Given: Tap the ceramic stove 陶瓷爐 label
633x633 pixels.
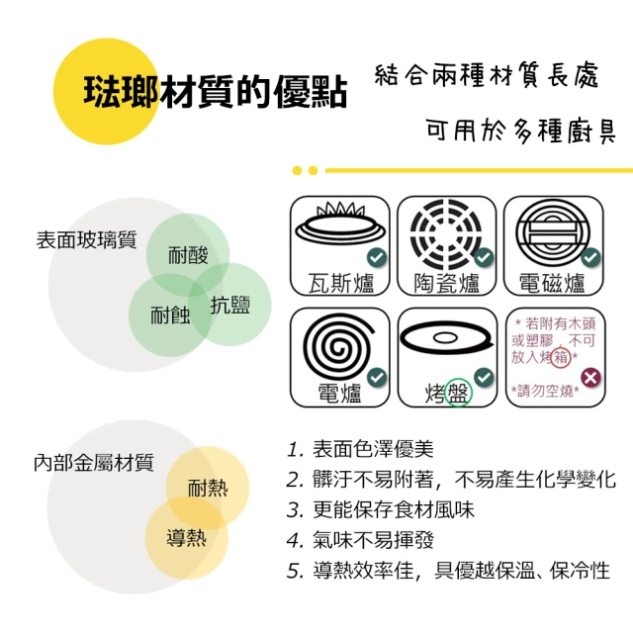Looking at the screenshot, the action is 446,283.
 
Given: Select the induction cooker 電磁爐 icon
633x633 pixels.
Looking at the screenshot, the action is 553,233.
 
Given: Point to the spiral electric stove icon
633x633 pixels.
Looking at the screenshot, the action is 338,345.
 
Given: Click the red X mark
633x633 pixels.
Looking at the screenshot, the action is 590,378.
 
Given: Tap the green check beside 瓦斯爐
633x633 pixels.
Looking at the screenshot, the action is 377,257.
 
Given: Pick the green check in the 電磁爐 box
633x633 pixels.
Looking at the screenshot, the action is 590,257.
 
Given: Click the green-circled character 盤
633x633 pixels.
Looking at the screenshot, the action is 458,393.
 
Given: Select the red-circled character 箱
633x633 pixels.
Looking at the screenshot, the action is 561,357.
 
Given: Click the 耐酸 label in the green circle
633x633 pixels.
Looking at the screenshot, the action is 188,255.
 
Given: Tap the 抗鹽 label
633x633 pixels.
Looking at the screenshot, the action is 230,305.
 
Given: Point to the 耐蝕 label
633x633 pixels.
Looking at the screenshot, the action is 170,315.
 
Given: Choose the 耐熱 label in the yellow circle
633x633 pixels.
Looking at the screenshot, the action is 208,488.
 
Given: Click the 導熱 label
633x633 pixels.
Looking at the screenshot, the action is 187,538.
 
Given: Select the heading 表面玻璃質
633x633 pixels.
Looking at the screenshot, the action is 86,239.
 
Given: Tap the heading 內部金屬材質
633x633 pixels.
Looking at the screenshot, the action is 94,463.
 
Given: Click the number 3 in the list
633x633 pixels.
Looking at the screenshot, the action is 294,510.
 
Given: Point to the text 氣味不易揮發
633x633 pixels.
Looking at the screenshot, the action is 373,540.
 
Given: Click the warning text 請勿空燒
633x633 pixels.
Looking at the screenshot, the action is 545,391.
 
